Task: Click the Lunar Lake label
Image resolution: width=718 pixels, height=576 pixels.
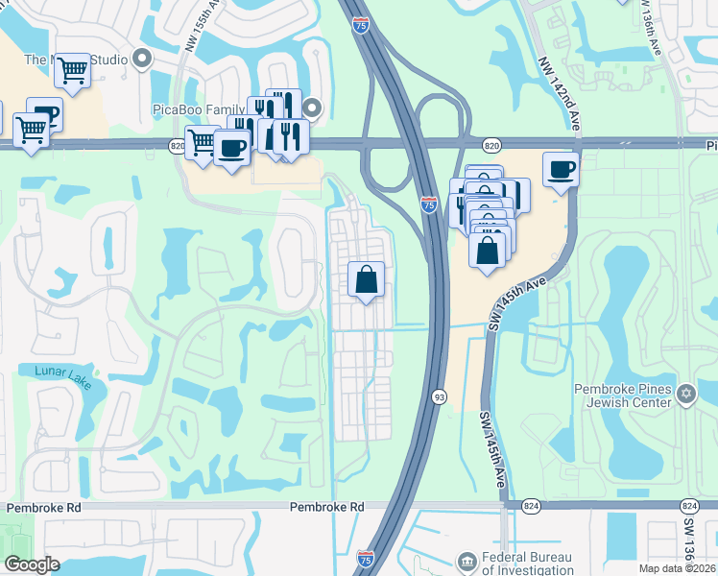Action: (x=62, y=376)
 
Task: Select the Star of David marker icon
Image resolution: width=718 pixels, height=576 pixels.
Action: (x=685, y=394)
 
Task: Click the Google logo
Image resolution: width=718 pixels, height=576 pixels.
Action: (x=32, y=564)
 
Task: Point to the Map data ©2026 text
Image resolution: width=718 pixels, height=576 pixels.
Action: (x=678, y=568)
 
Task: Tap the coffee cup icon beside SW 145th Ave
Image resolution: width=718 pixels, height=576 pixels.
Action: (x=562, y=169)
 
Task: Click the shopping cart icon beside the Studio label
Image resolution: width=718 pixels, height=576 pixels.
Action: (x=73, y=69)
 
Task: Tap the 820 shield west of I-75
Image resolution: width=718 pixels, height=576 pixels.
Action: (x=178, y=144)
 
